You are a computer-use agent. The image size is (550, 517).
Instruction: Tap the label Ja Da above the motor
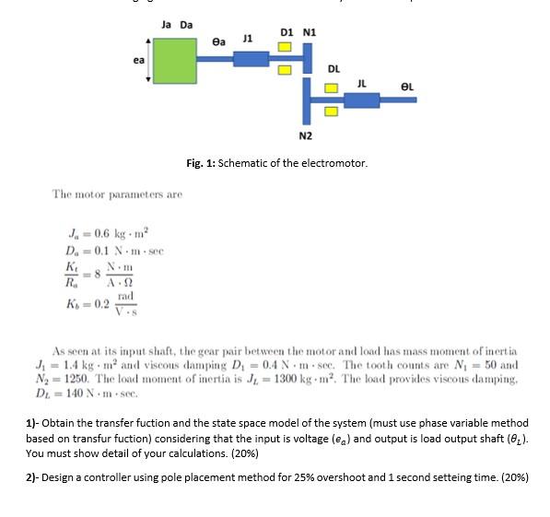pos(176,25)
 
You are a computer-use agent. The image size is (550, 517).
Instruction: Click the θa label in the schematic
pos(218,41)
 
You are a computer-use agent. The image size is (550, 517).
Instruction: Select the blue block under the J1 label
pos(249,59)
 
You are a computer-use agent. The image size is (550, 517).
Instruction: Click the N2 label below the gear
pos(306,136)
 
